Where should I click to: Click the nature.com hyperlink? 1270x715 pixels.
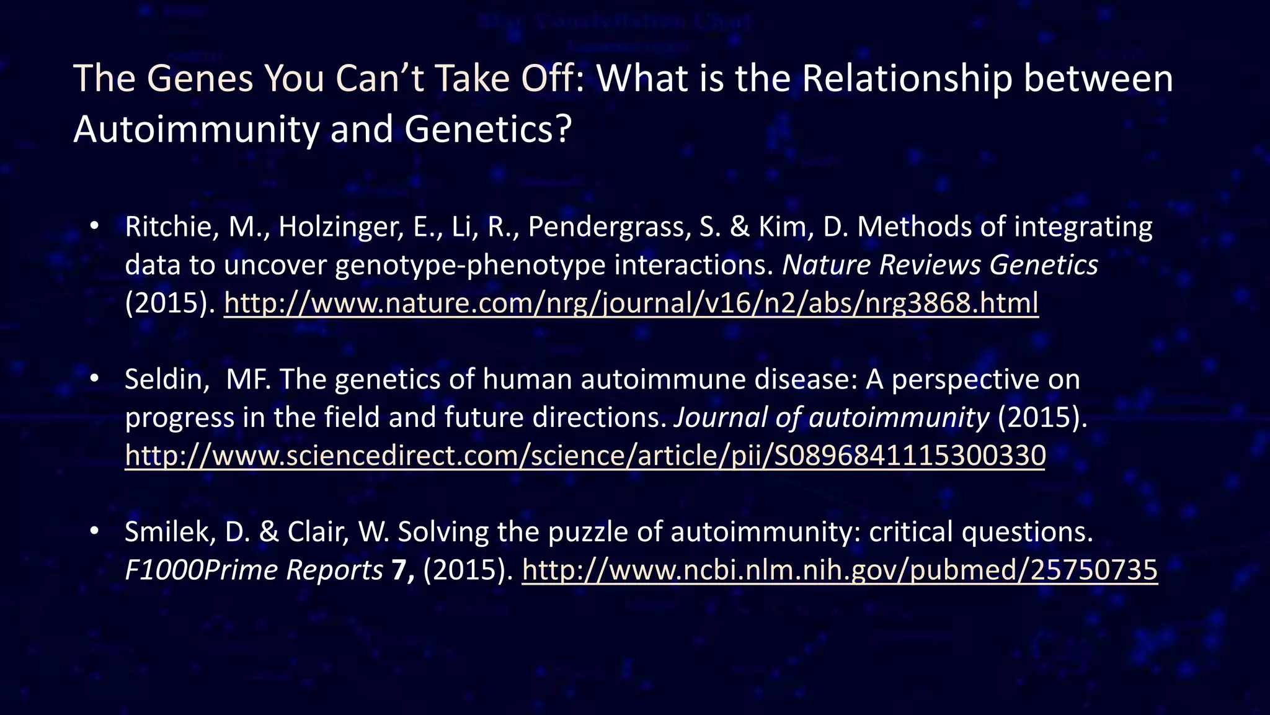tap(631, 304)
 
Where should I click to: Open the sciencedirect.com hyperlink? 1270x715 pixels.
tap(585, 456)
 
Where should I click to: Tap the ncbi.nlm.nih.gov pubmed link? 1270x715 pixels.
tap(840, 570)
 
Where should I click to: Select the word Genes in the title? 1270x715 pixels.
tap(200, 79)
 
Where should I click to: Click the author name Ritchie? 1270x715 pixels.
tap(169, 227)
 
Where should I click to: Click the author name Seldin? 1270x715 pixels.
tap(165, 379)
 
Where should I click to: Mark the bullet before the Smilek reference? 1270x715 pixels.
tap(94, 531)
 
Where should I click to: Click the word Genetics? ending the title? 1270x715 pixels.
tap(487, 130)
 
